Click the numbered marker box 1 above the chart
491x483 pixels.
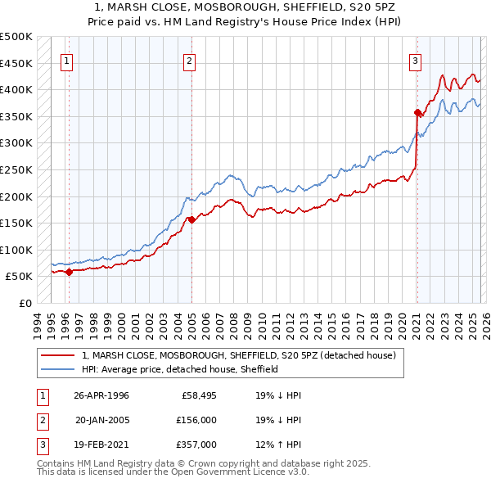pos(66,60)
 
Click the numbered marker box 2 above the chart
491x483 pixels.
pos(189,60)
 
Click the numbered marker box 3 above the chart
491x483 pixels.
pos(415,60)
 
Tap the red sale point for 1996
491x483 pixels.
pos(69,272)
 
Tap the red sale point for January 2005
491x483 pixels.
pos(191,219)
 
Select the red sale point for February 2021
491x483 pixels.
pos(417,112)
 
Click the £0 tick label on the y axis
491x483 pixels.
pos(25,303)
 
